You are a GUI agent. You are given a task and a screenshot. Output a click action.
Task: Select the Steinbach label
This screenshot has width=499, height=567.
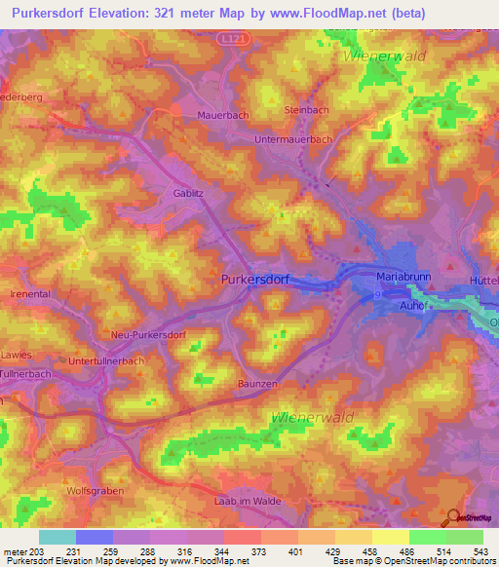[305, 111]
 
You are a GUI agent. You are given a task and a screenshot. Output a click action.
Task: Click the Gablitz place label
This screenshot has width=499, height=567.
[190, 193]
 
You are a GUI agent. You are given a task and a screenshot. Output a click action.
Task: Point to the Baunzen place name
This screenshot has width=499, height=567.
[259, 384]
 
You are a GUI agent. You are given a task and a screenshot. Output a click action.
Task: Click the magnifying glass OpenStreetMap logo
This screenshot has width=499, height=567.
[452, 518]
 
